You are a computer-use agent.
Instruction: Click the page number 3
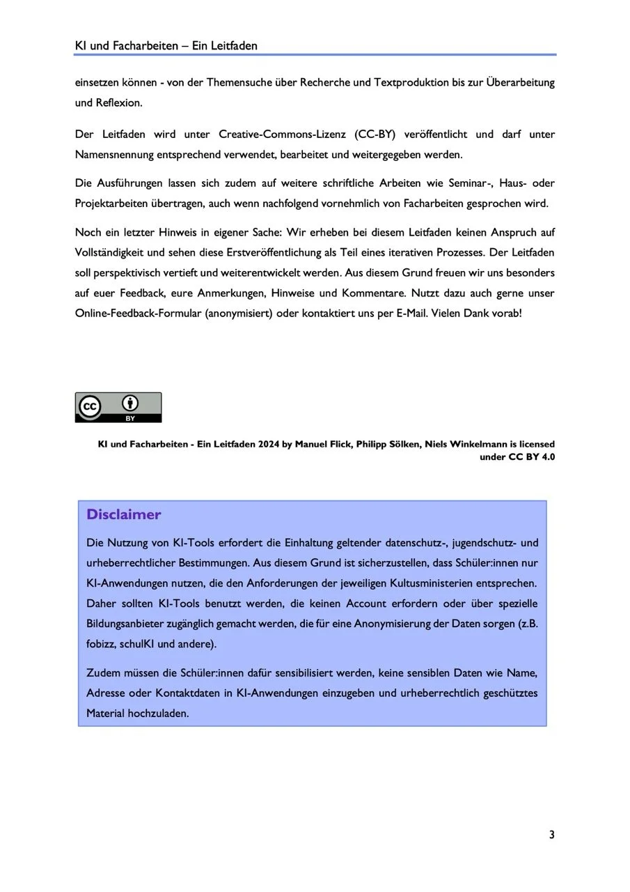[551, 835]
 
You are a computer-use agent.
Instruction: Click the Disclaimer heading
[123, 515]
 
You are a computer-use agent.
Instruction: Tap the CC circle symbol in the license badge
[90, 407]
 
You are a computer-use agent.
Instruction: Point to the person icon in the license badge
[130, 403]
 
